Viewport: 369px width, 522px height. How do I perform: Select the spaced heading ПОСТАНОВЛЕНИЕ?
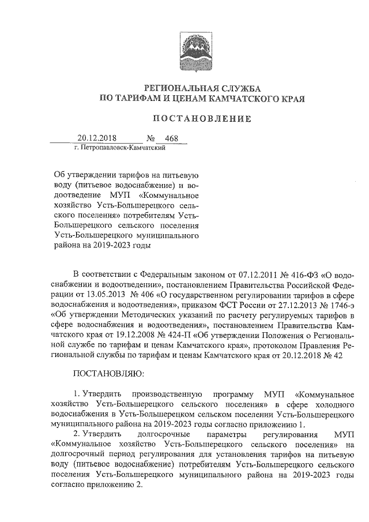point(201,119)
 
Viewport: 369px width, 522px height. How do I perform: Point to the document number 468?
point(172,138)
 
